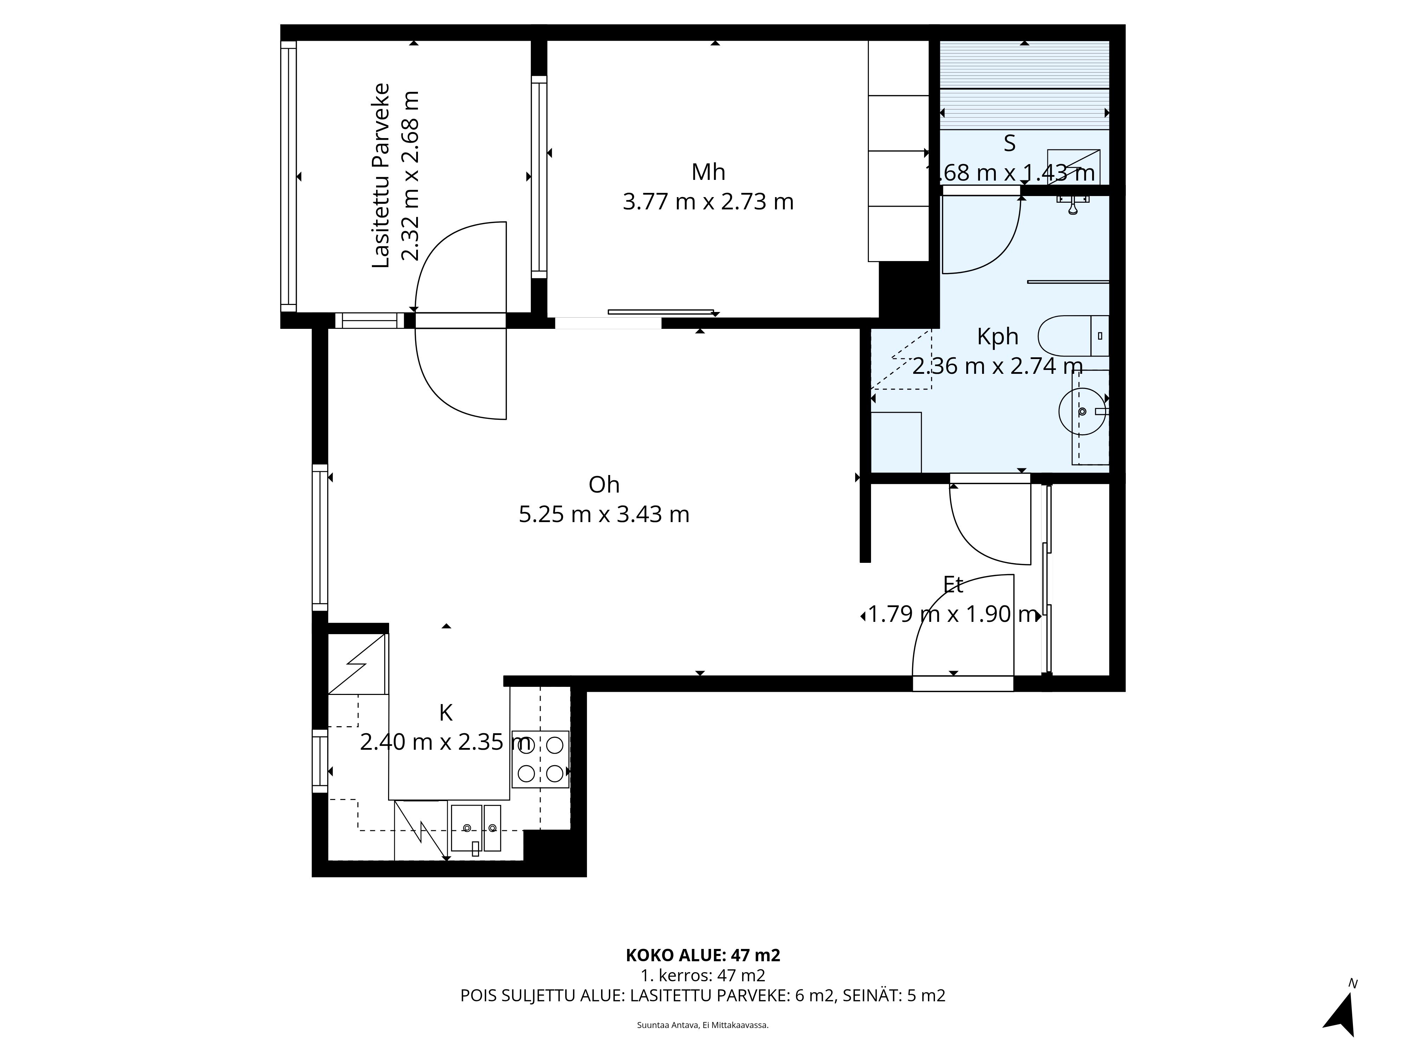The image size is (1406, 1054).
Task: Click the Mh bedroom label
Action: click(708, 172)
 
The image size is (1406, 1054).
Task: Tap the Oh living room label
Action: click(604, 485)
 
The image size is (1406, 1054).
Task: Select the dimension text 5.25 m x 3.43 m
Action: click(604, 514)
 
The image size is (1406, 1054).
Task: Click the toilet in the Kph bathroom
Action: click(1073, 336)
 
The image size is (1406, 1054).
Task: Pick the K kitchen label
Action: click(446, 713)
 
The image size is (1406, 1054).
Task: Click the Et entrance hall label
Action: click(953, 585)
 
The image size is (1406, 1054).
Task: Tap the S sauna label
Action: click(1010, 144)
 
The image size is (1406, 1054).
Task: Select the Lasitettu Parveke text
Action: click(380, 175)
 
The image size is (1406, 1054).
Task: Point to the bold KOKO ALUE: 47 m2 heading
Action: click(703, 973)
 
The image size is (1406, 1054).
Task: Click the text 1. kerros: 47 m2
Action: click(703, 993)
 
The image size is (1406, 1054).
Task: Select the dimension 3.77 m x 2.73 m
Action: click(708, 202)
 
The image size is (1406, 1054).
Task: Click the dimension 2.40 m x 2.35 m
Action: click(446, 742)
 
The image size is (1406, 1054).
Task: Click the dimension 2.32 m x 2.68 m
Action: click(411, 175)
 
